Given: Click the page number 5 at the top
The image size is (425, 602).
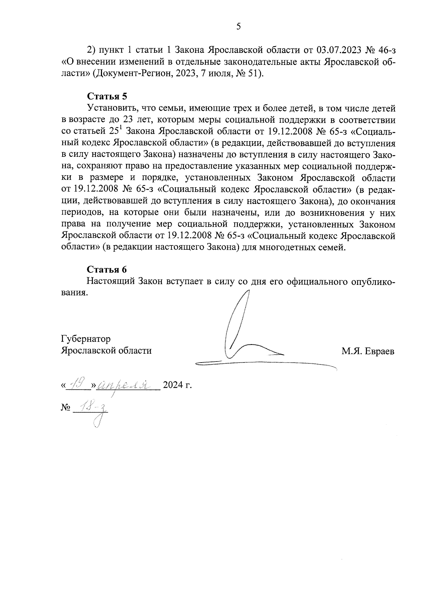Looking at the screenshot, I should pos(238,26).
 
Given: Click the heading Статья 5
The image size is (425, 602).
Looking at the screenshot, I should pos(107,96).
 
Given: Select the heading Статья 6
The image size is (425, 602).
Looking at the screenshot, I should pos(107,269).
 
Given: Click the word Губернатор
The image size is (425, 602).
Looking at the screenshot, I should pos(85,339).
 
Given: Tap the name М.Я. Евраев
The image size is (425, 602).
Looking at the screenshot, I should pos(368,351).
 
